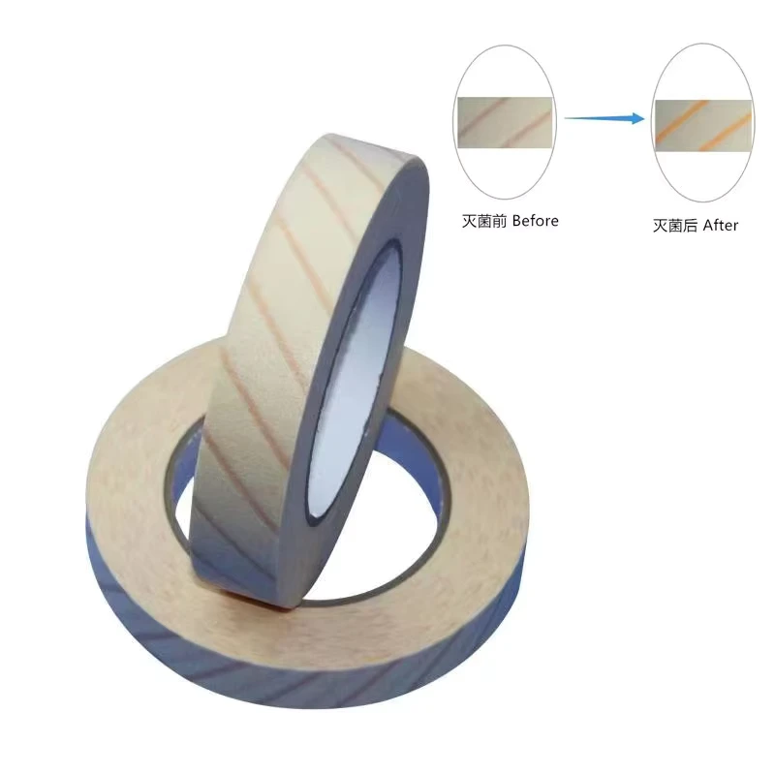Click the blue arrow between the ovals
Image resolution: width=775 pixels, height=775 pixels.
coord(604,118)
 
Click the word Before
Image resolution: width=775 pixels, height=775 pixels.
coord(536,221)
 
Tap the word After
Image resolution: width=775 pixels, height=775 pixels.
coord(720,226)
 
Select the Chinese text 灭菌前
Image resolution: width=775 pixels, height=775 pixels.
coord(484,221)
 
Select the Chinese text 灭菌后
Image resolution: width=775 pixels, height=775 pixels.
coord(675,226)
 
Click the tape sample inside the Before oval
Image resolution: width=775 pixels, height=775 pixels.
coord(505,123)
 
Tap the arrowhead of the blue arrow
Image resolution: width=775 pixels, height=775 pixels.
coord(638,118)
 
